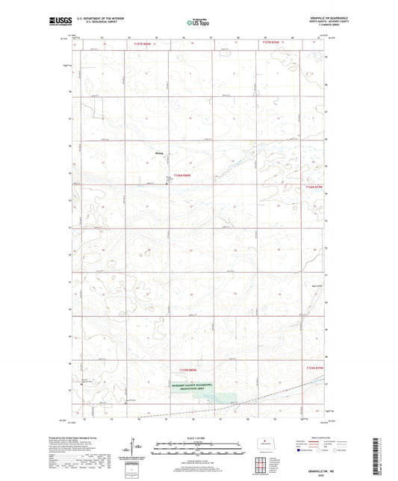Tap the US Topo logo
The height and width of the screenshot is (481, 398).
pos(197,22)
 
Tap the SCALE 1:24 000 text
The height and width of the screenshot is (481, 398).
pos(198,438)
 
